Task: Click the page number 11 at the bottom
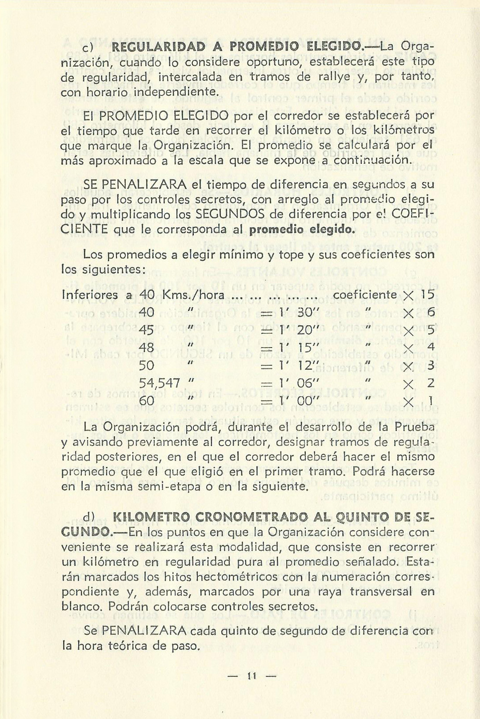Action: point(252,676)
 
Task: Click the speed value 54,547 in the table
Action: point(160,383)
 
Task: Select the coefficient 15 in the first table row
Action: point(427,295)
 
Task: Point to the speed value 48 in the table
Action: point(147,348)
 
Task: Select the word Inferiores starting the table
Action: point(90,295)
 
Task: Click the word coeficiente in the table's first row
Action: point(364,295)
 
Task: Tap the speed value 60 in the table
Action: point(147,401)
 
